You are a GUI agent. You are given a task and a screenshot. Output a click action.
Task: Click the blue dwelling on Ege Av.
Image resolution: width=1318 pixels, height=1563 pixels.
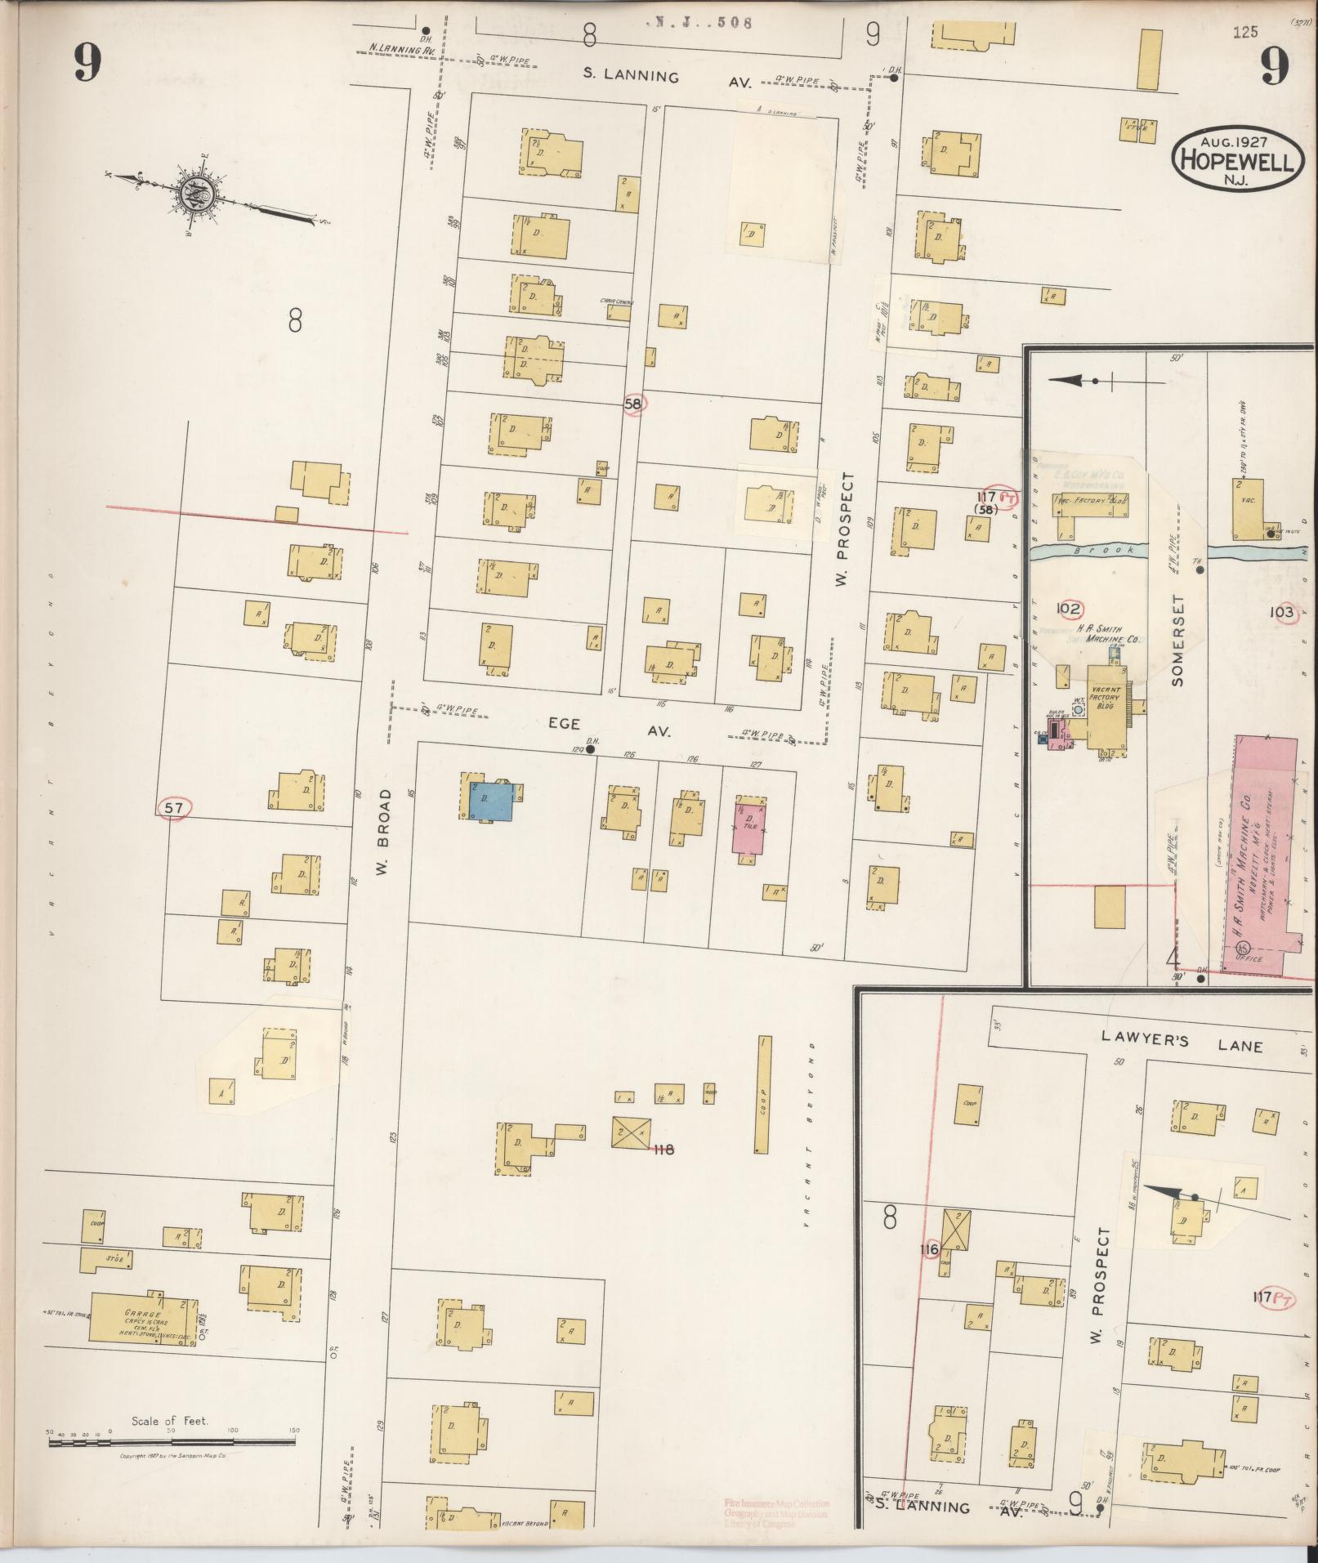[490, 802]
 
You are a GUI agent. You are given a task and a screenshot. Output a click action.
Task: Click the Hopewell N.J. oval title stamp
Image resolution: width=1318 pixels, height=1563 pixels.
[1235, 160]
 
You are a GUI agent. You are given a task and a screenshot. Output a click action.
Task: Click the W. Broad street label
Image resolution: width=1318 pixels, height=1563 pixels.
[384, 833]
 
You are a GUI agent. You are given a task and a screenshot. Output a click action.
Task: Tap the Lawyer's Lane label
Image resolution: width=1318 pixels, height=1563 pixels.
[1181, 1046]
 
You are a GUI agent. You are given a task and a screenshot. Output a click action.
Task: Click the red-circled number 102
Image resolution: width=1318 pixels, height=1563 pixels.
[1068, 609]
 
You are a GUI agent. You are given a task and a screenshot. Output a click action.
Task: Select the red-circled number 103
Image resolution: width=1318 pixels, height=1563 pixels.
[1282, 613]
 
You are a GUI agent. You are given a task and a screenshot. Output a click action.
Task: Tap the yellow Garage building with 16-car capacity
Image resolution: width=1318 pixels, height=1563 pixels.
[141, 1317]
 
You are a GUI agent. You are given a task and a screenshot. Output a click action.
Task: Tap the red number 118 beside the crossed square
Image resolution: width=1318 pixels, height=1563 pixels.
[663, 1150]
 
